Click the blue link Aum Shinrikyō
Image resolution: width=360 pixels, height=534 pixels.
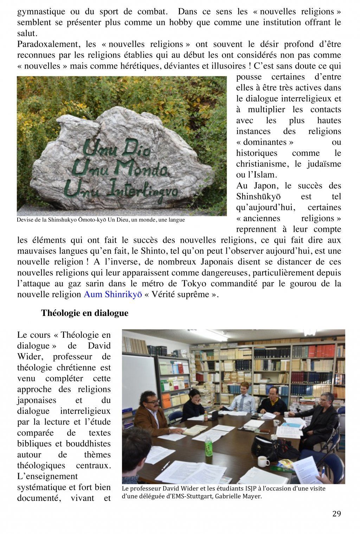[x=112, y=294]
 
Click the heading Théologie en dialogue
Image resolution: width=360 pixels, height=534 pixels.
[x=84, y=313]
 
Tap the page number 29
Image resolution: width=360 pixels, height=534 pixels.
[x=336, y=514]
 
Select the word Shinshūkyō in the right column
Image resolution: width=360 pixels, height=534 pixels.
[x=258, y=196]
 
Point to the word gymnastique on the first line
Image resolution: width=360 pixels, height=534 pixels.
[x=41, y=12]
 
